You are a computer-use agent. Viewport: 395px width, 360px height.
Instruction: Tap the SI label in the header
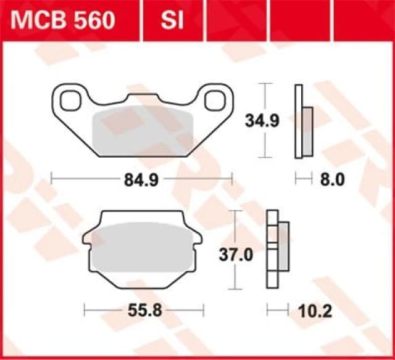[x=173, y=21]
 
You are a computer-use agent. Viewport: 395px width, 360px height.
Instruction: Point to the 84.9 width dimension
[x=141, y=180]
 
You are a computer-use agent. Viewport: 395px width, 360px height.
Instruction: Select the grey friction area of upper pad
[x=143, y=133]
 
